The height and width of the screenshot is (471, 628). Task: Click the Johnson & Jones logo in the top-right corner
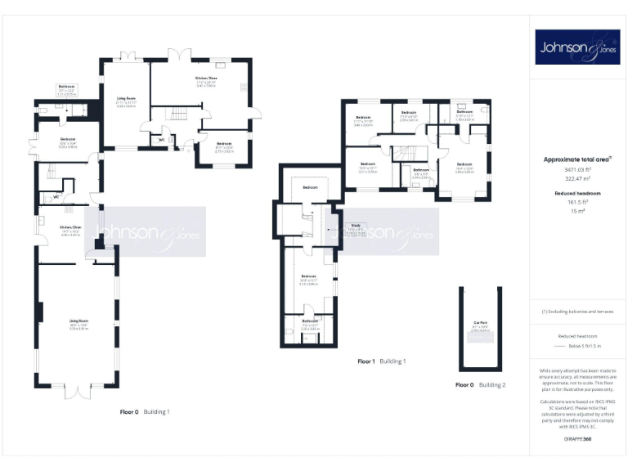click(578, 47)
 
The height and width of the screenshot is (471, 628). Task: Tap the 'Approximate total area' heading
click(576, 159)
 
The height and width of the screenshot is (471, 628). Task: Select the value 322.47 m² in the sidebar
click(577, 176)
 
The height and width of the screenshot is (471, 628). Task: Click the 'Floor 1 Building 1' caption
click(382, 361)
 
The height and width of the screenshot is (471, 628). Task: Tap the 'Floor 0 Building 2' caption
click(481, 384)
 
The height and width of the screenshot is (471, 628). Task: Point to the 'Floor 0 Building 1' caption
click(145, 411)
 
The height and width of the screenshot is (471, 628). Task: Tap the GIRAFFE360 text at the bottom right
click(576, 441)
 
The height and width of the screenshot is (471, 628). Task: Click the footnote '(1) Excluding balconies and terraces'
click(577, 312)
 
